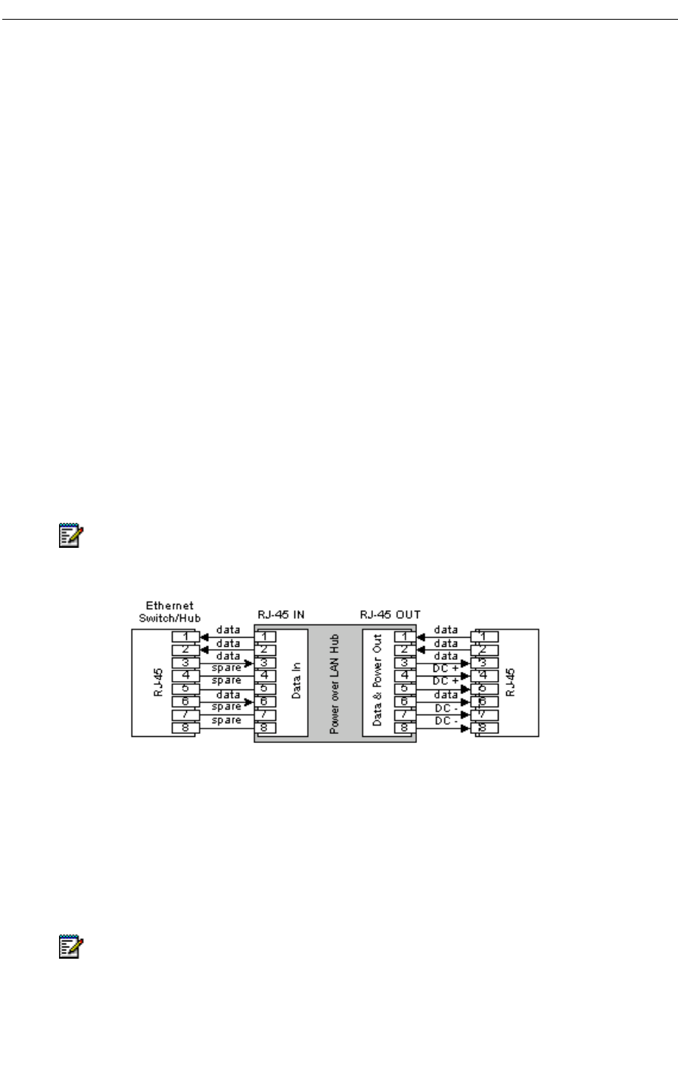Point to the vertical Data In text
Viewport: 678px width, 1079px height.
[x=297, y=680]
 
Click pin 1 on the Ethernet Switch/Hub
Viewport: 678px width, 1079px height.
[x=185, y=636]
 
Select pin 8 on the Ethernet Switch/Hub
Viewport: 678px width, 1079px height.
[x=185, y=728]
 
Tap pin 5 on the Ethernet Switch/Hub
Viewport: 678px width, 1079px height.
[x=185, y=689]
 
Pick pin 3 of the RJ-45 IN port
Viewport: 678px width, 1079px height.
[x=266, y=663]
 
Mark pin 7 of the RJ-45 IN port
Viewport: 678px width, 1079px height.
[x=266, y=715]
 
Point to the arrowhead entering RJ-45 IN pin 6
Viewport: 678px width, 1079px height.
[x=247, y=702]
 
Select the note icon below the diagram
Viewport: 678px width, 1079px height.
[x=70, y=949]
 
